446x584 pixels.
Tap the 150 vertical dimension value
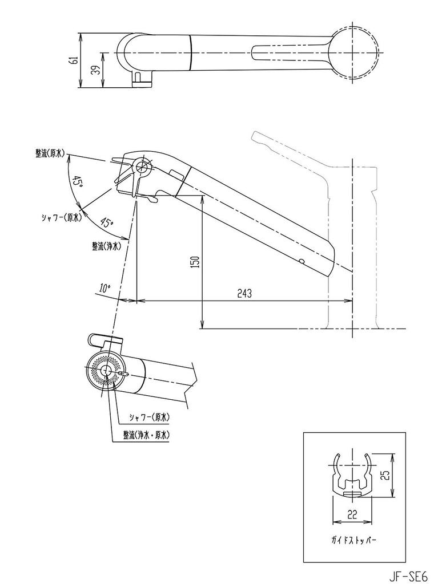[195, 262]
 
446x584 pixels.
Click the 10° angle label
[104, 289]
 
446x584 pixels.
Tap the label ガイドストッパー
[351, 538]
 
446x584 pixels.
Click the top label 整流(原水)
[50, 153]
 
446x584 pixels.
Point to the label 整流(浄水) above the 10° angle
[106, 246]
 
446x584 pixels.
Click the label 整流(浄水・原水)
[147, 435]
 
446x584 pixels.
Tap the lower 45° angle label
[106, 222]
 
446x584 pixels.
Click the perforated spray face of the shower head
[105, 371]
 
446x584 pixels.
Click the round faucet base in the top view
[354, 54]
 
